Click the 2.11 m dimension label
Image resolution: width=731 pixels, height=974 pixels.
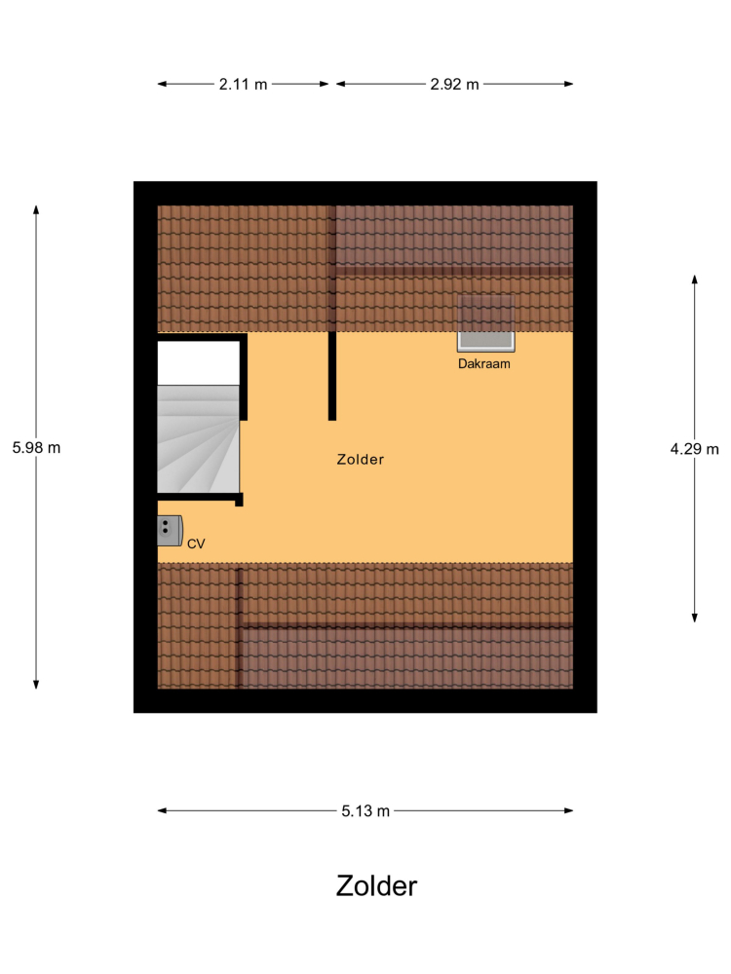pyautogui.click(x=243, y=84)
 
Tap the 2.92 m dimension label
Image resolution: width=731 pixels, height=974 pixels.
pyautogui.click(x=454, y=84)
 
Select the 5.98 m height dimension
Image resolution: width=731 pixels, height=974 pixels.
pyautogui.click(x=36, y=447)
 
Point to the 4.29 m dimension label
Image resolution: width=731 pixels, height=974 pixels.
pyautogui.click(x=694, y=448)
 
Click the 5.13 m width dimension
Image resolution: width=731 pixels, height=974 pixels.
pyautogui.click(x=365, y=810)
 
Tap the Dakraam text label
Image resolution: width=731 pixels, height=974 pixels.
pyautogui.click(x=484, y=364)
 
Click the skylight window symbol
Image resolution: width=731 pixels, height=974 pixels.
pyautogui.click(x=486, y=323)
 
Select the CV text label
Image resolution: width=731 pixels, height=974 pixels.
pyautogui.click(x=196, y=543)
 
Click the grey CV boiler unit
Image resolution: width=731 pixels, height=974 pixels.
pyautogui.click(x=170, y=531)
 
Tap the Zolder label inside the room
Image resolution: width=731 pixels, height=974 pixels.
pyautogui.click(x=361, y=459)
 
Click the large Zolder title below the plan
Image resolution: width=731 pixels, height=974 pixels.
pyautogui.click(x=376, y=885)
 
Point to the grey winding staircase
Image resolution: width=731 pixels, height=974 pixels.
pyautogui.click(x=198, y=439)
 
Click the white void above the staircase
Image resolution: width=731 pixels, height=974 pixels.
pyautogui.click(x=198, y=363)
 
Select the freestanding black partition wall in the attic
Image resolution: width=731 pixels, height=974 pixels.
pyautogui.click(x=332, y=376)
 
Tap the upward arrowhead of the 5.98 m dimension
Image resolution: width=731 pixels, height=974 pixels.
pyautogui.click(x=36, y=210)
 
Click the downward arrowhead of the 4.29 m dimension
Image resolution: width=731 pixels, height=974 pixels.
pyautogui.click(x=694, y=618)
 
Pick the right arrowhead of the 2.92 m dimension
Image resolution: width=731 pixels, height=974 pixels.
pyautogui.click(x=568, y=84)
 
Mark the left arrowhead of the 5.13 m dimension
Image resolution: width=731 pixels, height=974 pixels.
pyautogui.click(x=162, y=810)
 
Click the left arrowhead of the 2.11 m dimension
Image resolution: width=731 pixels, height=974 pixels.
pyautogui.click(x=162, y=84)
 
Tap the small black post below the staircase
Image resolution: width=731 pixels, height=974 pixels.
pyautogui.click(x=240, y=500)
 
